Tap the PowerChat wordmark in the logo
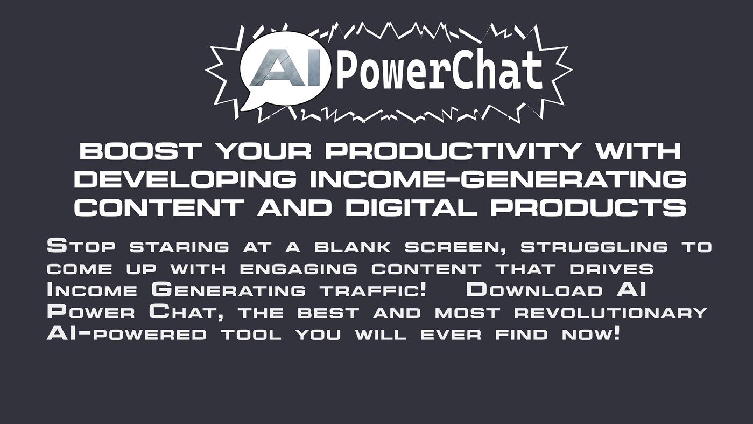439,71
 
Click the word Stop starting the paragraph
81,247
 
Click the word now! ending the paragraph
590,334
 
